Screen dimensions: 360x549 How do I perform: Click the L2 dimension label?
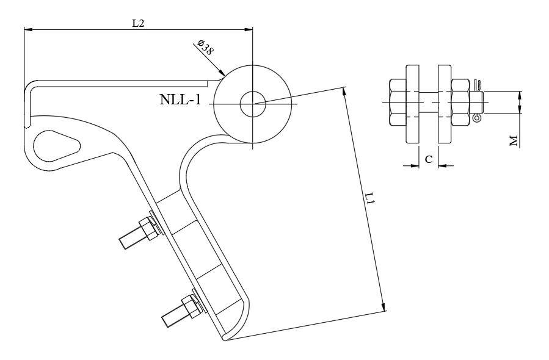(138, 23)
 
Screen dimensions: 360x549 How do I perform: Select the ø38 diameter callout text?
(205, 48)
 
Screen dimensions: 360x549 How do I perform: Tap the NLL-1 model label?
(180, 100)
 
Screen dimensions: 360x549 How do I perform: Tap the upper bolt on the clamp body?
(139, 232)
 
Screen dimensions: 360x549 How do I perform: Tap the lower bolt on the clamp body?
(180, 310)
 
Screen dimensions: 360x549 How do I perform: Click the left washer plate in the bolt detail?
(412, 104)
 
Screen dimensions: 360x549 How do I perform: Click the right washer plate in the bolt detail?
(443, 104)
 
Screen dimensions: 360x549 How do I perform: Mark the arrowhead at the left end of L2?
(27, 28)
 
